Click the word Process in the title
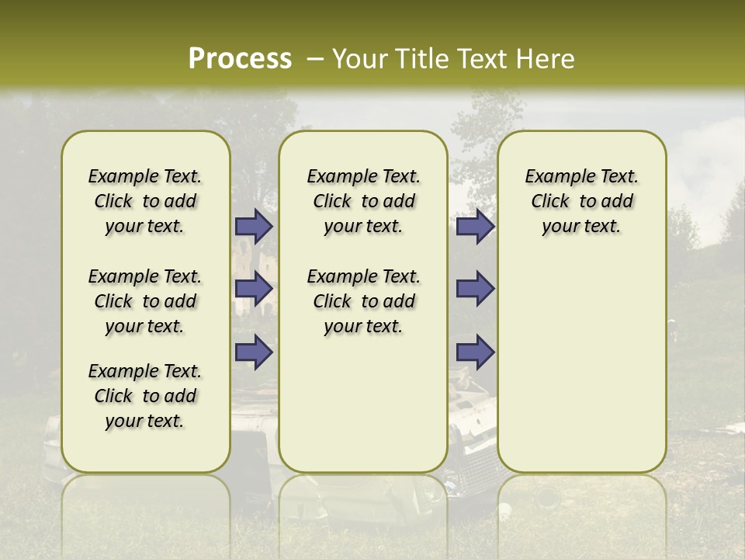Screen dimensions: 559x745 tap(240, 58)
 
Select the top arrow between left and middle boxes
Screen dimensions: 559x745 tap(254, 227)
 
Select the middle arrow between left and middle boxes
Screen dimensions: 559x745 tap(254, 289)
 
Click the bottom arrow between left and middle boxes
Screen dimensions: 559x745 tap(254, 352)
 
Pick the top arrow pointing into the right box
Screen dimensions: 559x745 tap(475, 227)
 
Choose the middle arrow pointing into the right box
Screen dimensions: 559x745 tap(475, 289)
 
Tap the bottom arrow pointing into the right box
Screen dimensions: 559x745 tap(475, 352)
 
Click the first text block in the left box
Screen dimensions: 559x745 tap(145, 201)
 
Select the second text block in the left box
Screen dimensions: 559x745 tap(145, 301)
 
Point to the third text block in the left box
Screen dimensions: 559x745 tap(145, 396)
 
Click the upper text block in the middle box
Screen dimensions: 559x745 tap(363, 201)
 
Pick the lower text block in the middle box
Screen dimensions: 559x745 tap(363, 301)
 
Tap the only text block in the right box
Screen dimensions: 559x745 tap(581, 201)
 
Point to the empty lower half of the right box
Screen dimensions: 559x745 tap(581, 365)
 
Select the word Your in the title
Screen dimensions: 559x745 tap(360, 58)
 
